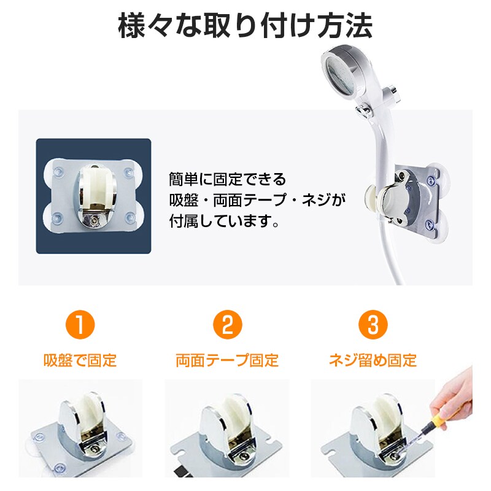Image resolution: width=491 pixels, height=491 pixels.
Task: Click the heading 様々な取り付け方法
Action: coord(245,28)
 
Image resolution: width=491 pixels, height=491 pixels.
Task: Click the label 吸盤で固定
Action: coord(80,360)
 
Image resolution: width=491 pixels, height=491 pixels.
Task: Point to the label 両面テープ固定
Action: coord(227,360)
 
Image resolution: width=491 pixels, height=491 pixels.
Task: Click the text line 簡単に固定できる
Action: coord(228,180)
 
